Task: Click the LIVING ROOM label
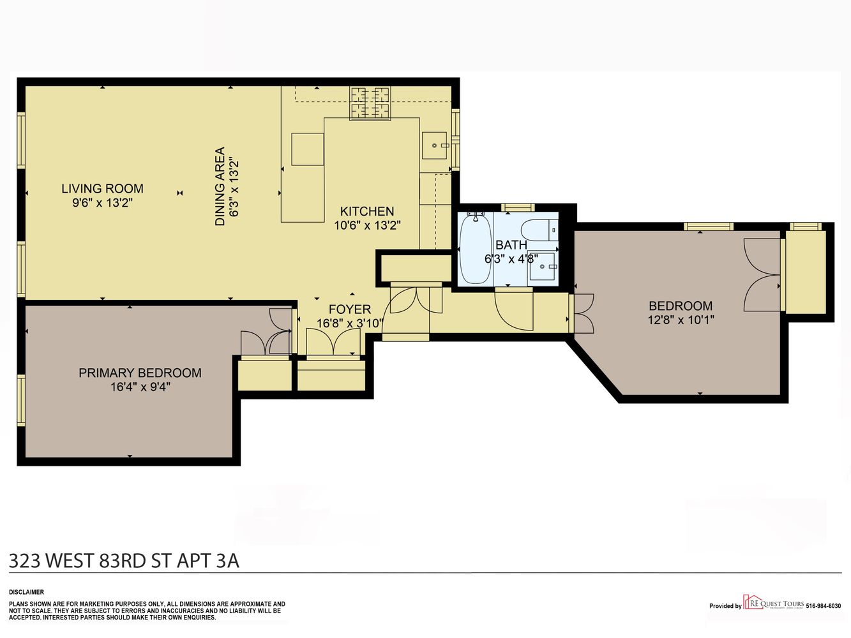102,189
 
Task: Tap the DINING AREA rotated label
220,186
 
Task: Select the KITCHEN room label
366,211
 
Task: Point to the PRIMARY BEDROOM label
140,373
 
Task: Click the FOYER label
349,309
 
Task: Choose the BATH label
511,245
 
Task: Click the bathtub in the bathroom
475,249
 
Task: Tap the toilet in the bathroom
539,230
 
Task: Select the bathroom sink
542,267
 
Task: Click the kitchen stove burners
370,103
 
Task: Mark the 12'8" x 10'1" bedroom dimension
681,320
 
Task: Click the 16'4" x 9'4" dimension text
140,387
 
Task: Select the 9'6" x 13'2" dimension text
102,203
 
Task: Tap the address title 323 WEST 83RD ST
124,560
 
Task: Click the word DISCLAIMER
26,592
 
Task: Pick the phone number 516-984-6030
823,606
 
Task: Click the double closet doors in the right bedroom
762,275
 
